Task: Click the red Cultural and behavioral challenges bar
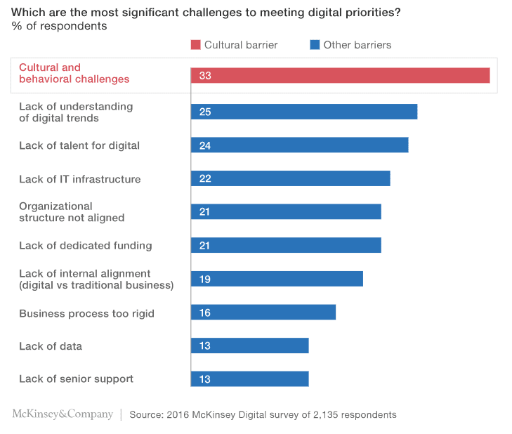pyautogui.click(x=340, y=75)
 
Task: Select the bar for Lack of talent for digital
pyautogui.click(x=299, y=145)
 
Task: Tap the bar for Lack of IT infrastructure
pyautogui.click(x=290, y=178)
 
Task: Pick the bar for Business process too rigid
pyautogui.click(x=263, y=312)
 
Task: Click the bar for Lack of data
pyautogui.click(x=249, y=346)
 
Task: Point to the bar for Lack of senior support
pyautogui.click(x=249, y=379)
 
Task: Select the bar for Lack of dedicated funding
pyautogui.click(x=286, y=245)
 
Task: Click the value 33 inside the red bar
pyautogui.click(x=205, y=75)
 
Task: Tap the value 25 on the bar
pyautogui.click(x=205, y=112)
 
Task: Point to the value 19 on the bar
pyautogui.click(x=205, y=279)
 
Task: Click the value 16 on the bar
pyautogui.click(x=205, y=312)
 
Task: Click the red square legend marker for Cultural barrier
pyautogui.click(x=195, y=45)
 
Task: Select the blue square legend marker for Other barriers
pyautogui.click(x=315, y=45)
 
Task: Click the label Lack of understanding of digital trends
pyautogui.click(x=76, y=112)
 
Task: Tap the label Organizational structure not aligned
pyautogui.click(x=72, y=212)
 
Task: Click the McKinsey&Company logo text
pyautogui.click(x=63, y=414)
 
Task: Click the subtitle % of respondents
pyautogui.click(x=59, y=27)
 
